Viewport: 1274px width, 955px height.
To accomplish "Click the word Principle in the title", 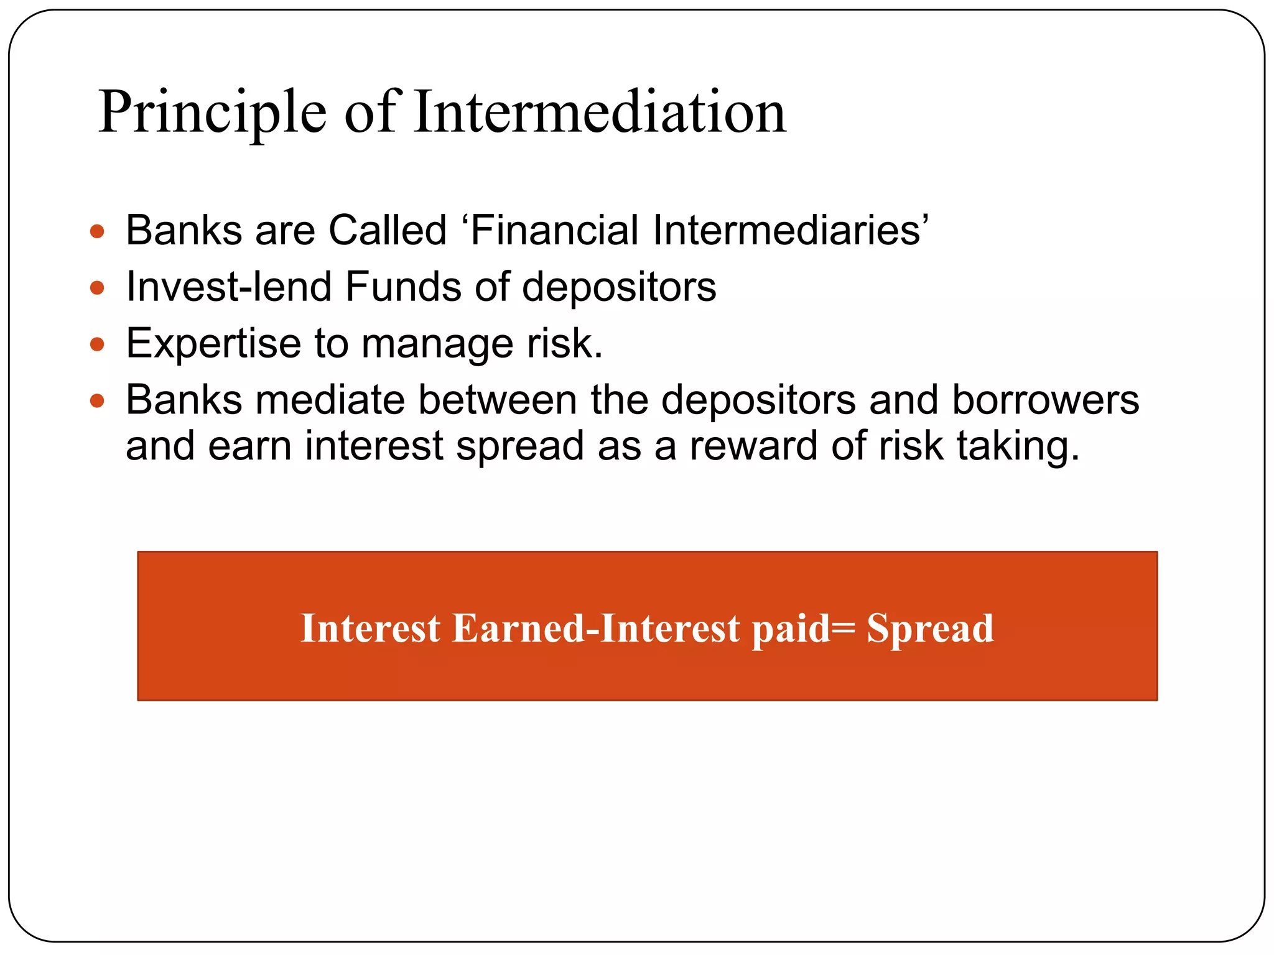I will [212, 113].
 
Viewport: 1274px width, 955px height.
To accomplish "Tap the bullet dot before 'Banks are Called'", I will [97, 232].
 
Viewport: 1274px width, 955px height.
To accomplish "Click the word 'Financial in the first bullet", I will [550, 230].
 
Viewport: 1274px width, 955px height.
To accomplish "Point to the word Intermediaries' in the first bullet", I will [790, 230].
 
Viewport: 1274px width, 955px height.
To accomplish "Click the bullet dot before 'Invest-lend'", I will [97, 288].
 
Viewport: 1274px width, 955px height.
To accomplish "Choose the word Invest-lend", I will [228, 287].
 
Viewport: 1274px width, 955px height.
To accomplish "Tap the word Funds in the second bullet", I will [402, 287].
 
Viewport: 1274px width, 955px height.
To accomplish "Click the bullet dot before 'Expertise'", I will [97, 344].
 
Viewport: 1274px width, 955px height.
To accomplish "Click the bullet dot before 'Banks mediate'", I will [97, 400].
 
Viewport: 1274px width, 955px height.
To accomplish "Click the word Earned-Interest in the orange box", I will [596, 628].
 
